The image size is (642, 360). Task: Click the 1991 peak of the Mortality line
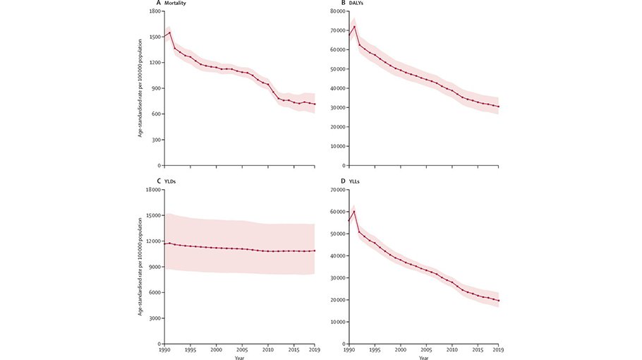169,32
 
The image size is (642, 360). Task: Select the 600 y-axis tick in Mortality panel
155,114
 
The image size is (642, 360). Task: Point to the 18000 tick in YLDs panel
151,190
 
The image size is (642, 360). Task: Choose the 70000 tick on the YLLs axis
335,190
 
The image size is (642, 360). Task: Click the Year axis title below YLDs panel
240,357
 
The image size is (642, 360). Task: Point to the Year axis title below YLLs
423,357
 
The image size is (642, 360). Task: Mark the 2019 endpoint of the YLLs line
498,301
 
